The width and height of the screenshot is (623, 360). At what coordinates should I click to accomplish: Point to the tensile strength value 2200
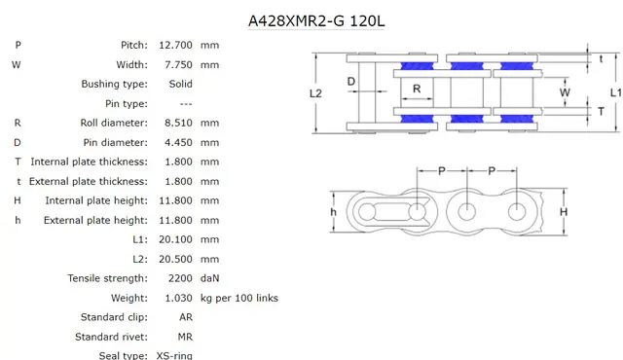180,278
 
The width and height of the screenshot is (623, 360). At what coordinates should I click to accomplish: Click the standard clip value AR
186,317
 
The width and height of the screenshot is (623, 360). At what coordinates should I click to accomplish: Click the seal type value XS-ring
174,355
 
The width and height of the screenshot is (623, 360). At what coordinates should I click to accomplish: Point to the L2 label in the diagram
314,93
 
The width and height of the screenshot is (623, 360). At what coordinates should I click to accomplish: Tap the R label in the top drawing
416,89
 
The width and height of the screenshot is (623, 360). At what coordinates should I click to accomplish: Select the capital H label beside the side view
564,211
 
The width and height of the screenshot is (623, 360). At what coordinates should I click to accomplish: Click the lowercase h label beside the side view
333,211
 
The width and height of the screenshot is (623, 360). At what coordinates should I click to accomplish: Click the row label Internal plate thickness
90,162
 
